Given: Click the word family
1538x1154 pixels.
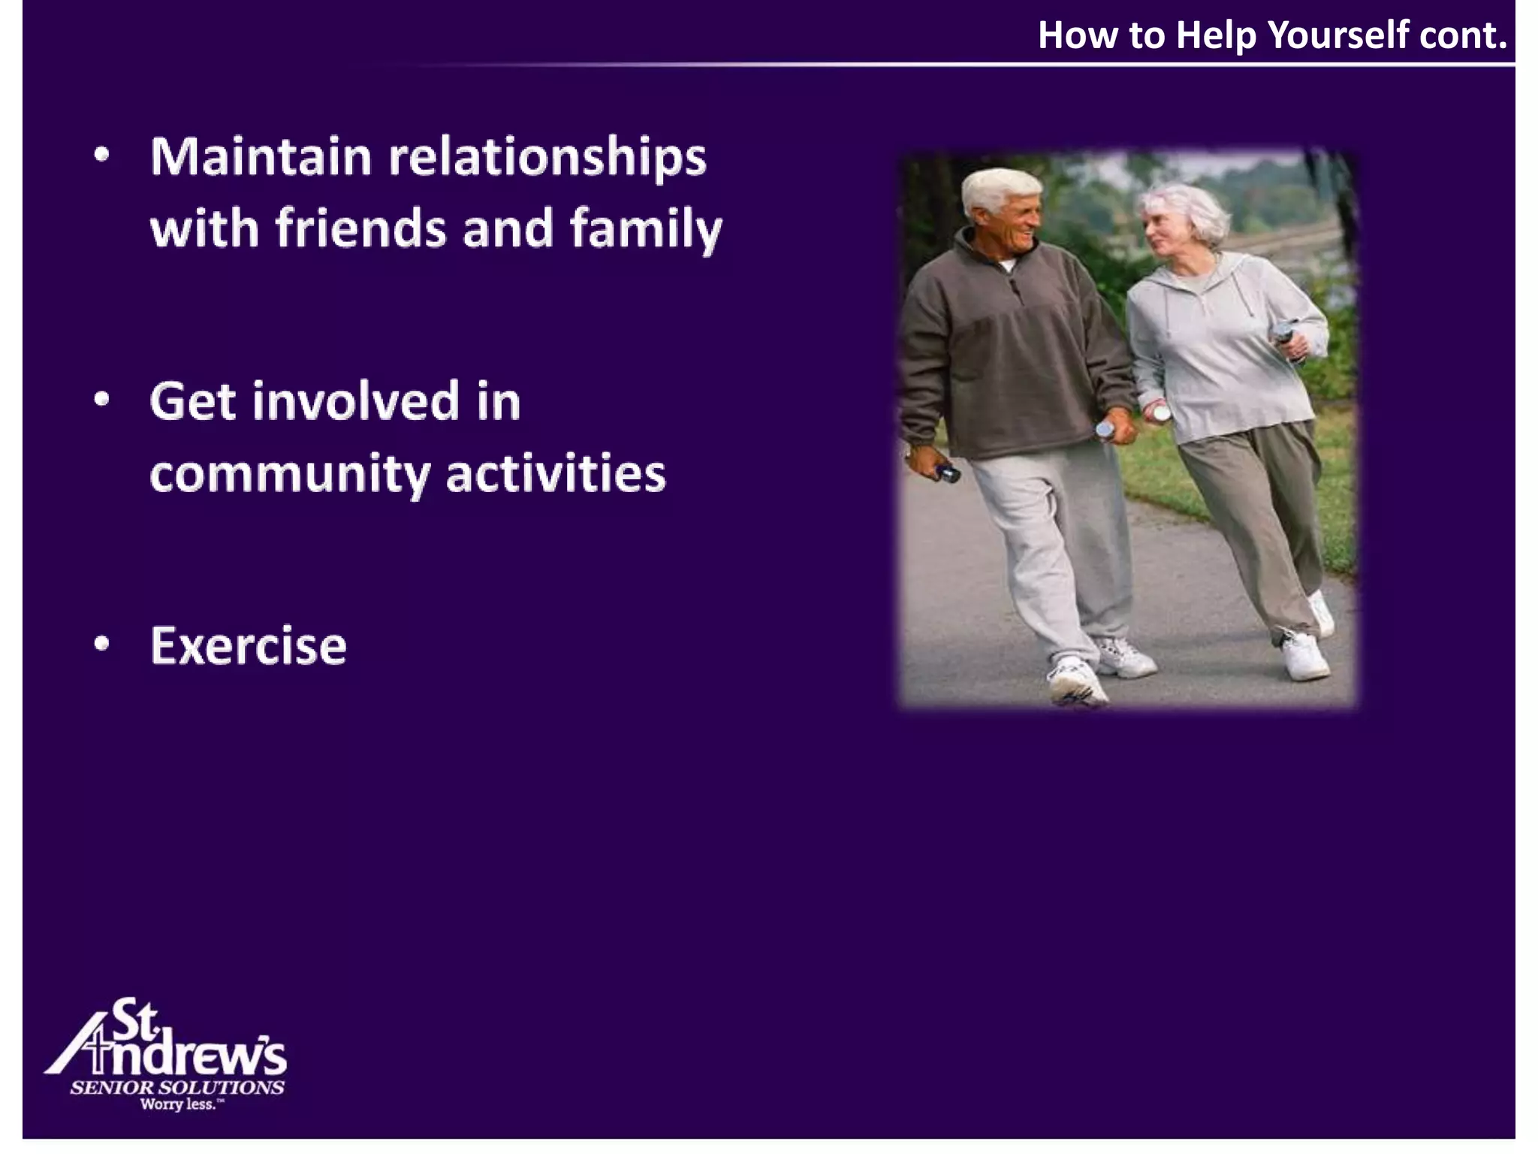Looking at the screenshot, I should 646,229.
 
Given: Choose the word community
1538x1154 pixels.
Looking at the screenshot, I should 290,475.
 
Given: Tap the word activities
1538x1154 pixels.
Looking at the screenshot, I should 556,474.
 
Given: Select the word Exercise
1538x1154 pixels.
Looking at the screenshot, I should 249,646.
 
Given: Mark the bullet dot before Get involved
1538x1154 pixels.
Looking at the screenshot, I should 102,399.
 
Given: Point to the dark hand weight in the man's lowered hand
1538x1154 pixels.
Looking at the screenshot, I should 948,473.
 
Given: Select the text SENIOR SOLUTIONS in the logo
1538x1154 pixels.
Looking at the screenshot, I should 177,1087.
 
